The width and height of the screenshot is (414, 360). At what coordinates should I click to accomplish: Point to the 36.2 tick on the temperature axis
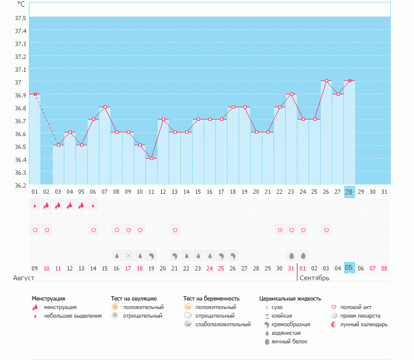point(20,185)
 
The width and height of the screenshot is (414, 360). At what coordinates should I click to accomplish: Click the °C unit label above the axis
point(21,4)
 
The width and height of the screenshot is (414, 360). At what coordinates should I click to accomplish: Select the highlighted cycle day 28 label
point(350,192)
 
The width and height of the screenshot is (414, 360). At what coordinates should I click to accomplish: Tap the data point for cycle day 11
point(151,158)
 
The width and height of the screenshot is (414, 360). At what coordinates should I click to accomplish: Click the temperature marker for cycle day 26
point(326,81)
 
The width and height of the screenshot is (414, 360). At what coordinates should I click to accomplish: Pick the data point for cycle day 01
point(35,94)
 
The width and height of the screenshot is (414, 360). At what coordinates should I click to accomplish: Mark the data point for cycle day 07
point(105,107)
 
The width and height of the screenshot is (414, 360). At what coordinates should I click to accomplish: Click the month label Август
point(24,278)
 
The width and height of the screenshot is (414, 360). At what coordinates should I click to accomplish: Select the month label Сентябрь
point(314,278)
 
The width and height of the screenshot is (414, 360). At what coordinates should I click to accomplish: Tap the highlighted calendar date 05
point(350,268)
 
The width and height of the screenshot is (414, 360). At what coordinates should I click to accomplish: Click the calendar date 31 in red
point(291,268)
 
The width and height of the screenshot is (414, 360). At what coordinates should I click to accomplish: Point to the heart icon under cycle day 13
point(175,230)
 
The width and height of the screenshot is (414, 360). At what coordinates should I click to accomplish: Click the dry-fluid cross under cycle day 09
point(128,255)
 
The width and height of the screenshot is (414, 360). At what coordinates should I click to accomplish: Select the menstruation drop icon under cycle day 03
point(58,205)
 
